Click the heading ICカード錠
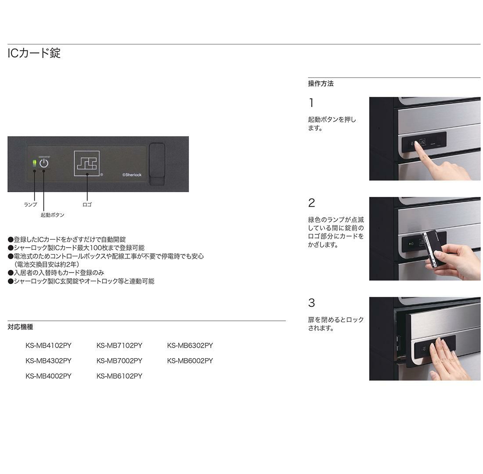[x=34, y=53]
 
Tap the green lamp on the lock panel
[x=35, y=163]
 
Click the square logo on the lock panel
[x=87, y=164]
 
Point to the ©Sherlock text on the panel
[x=132, y=175]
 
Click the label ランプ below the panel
[x=30, y=205]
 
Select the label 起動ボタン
[x=52, y=215]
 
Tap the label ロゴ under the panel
[x=87, y=205]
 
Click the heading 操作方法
[x=321, y=83]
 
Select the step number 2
[x=311, y=203]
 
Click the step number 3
[x=311, y=303]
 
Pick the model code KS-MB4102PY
[x=48, y=345]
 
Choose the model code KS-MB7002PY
[x=119, y=361]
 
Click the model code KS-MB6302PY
[x=190, y=345]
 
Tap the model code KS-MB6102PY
[x=119, y=376]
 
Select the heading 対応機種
[x=20, y=327]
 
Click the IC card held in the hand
[x=432, y=248]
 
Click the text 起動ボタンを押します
[x=332, y=124]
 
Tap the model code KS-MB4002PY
[x=48, y=376]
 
